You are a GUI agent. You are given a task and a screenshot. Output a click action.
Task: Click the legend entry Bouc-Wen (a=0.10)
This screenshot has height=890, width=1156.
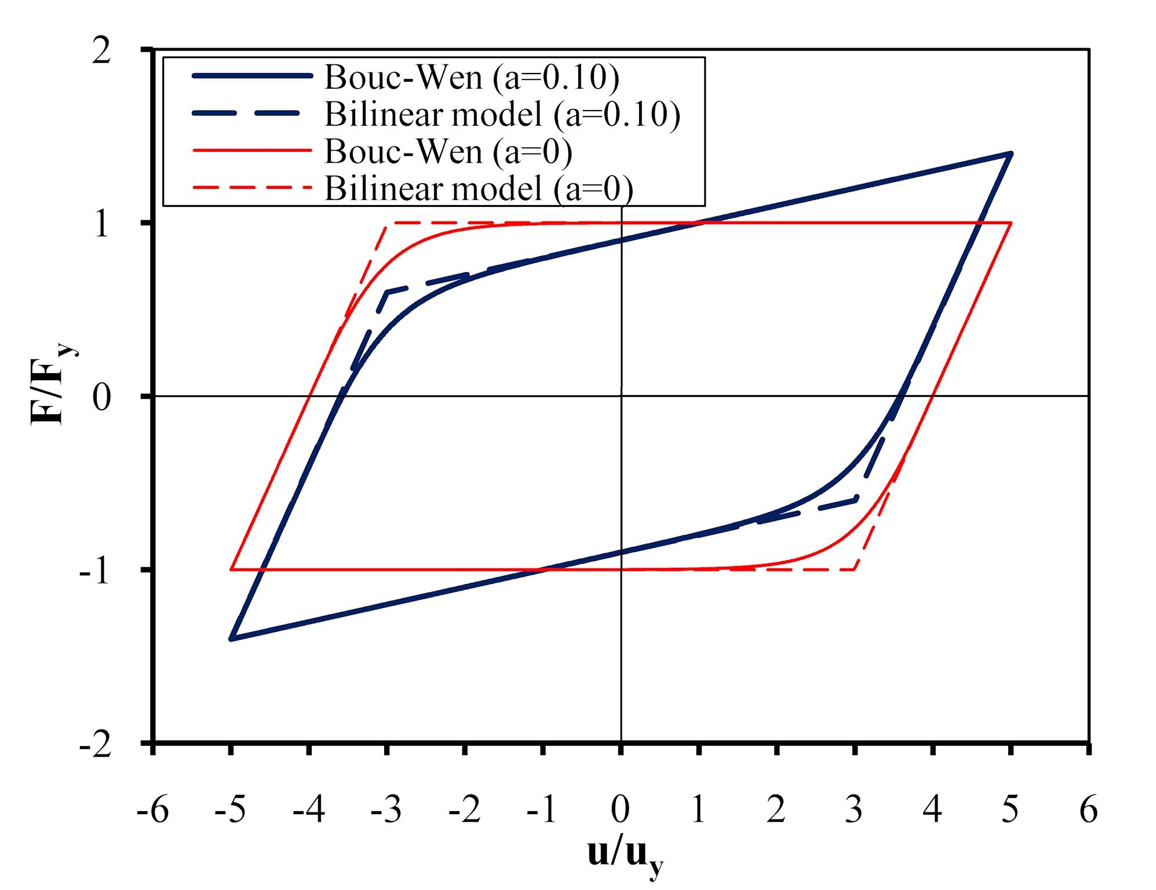[x=472, y=77]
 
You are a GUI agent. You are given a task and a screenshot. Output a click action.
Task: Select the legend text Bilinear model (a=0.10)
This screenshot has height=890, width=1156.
[x=502, y=114]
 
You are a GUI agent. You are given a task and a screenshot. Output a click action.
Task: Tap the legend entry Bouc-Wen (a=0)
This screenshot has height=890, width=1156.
[x=448, y=151]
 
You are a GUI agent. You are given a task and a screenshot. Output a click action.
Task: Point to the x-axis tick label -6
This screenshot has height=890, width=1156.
[x=152, y=809]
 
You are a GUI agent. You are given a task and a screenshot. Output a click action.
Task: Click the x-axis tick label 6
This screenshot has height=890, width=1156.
[x=1089, y=809]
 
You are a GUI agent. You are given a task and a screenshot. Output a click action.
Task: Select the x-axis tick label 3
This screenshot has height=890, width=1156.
[x=855, y=809]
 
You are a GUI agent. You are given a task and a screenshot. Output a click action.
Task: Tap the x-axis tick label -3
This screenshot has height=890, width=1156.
[x=386, y=809]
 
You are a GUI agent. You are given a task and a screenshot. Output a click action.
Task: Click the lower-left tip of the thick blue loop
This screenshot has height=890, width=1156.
[x=231, y=639]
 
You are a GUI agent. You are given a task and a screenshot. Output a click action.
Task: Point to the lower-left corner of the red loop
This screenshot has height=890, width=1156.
[x=231, y=570]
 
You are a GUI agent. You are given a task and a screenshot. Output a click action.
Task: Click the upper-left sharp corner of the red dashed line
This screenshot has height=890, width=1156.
[x=386, y=223]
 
